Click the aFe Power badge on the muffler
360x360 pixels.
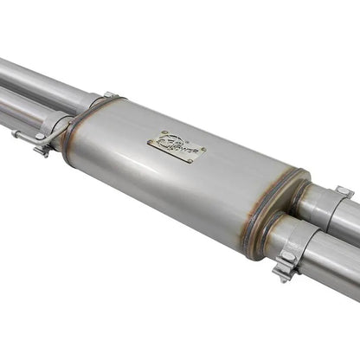tap(177, 146)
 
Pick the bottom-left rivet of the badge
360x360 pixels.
tap(151, 147)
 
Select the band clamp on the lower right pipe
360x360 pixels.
tap(292, 244)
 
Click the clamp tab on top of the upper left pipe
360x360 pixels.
tap(109, 94)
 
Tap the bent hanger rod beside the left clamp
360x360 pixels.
tap(30, 138)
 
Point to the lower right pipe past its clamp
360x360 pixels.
tap(333, 268)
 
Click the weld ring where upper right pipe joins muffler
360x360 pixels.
tap(299, 195)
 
